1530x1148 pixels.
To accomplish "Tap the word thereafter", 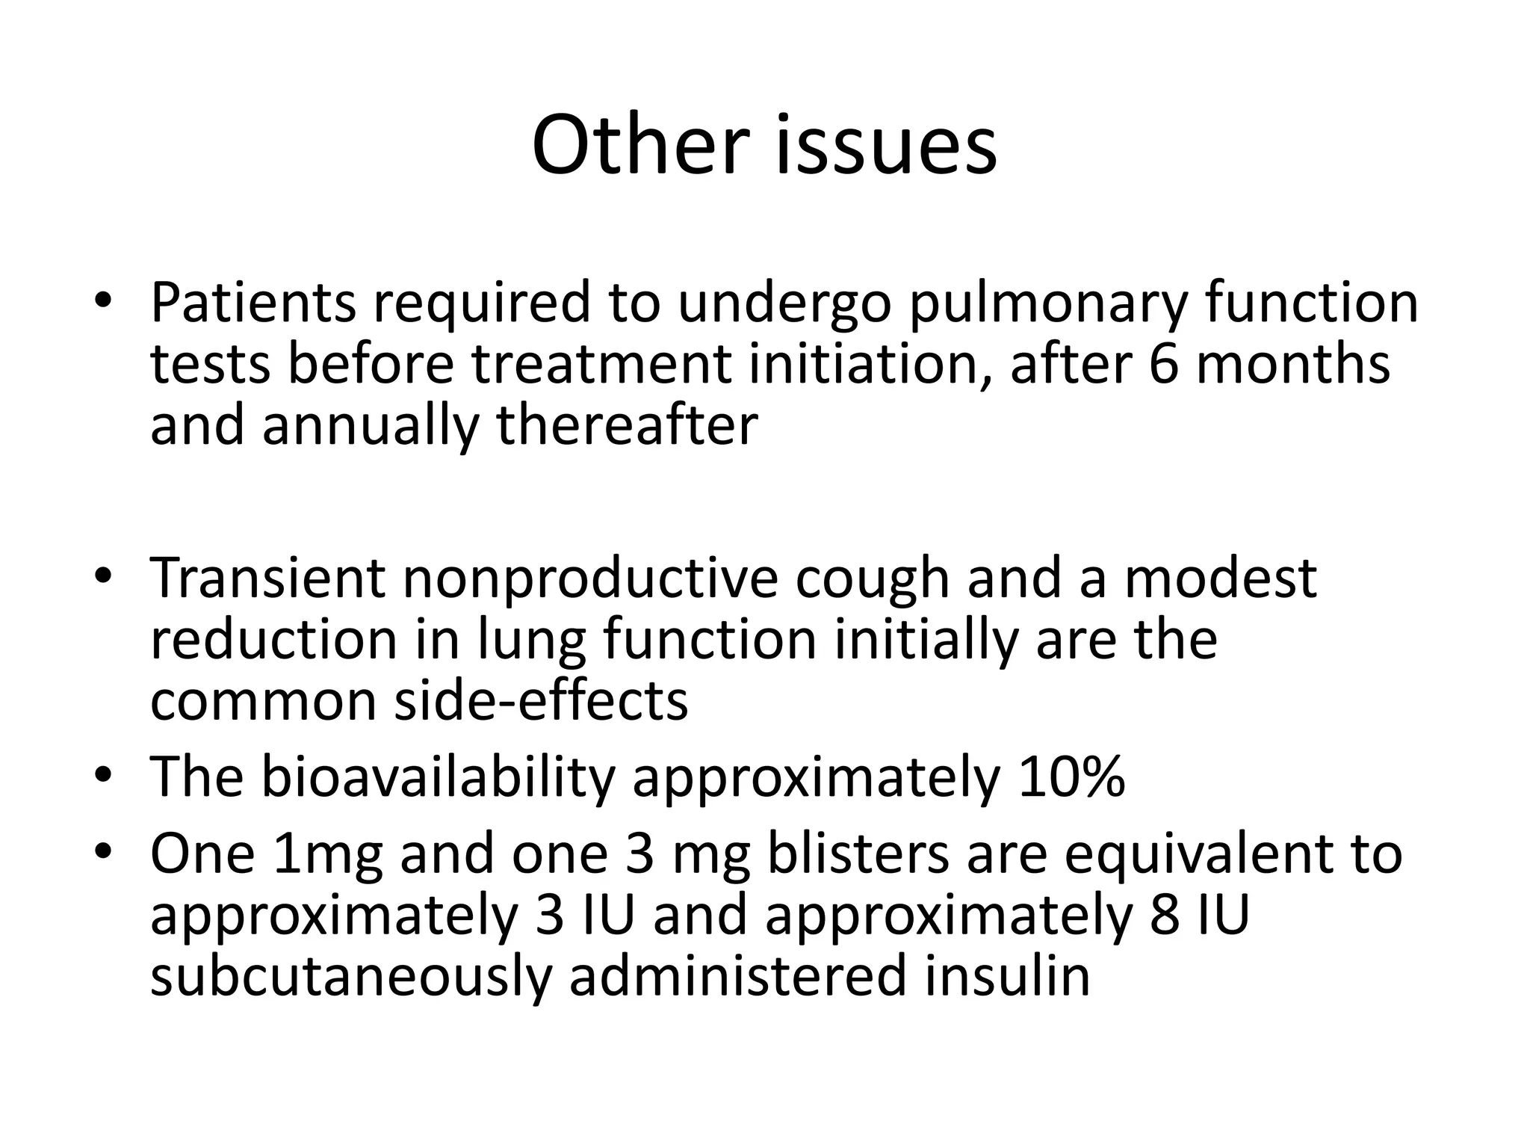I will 628,425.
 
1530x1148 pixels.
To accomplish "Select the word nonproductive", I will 590,579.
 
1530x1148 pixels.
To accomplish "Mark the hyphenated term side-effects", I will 541,701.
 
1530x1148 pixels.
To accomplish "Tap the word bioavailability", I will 437,778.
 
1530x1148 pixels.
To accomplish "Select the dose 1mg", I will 328,856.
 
